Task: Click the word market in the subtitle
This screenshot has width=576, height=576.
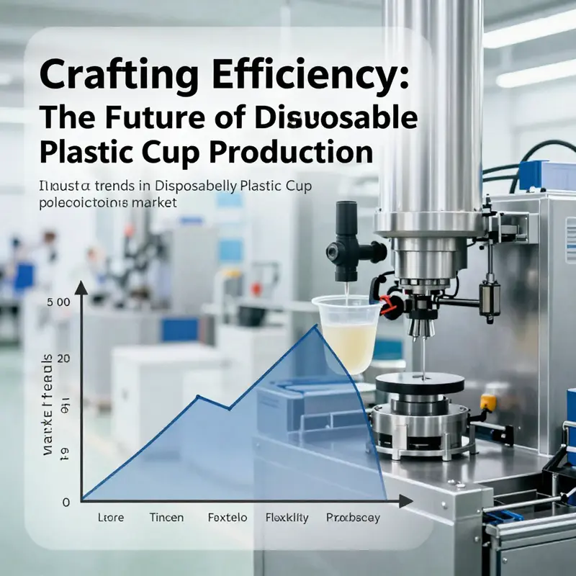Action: (154, 203)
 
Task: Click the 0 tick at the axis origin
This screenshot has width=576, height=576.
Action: (66, 501)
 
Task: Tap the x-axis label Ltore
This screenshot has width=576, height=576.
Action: (111, 518)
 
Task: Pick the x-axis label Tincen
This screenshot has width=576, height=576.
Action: (166, 518)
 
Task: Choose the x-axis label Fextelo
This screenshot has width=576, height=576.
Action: (228, 518)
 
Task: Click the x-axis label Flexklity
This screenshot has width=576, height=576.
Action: (287, 518)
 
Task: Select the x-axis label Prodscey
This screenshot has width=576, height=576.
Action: (353, 518)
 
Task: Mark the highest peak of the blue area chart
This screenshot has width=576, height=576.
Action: (315, 326)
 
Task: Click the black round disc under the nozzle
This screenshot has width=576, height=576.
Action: (420, 382)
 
